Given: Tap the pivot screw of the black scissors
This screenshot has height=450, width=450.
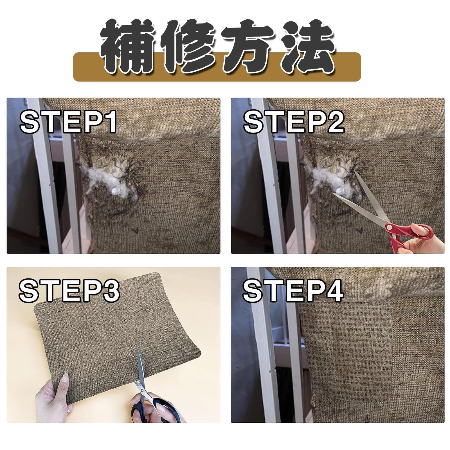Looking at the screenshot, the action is pos(141,390).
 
